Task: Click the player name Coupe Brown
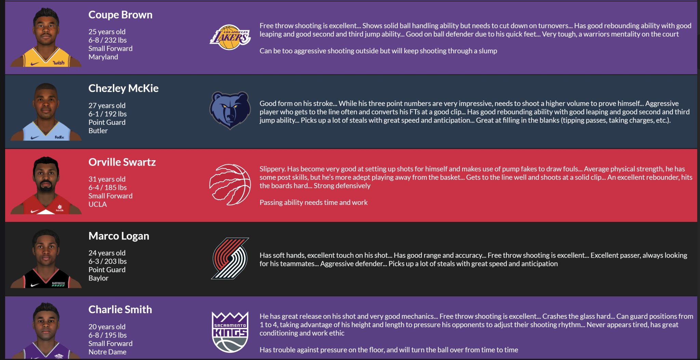[120, 15]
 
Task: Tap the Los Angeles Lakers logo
[230, 37]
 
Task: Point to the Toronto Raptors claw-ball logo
[230, 184]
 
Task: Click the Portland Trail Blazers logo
[230, 258]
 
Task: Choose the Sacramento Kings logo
[230, 332]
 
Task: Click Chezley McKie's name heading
[123, 88]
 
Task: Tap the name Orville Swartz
[122, 162]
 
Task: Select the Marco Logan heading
[119, 236]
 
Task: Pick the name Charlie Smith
[120, 309]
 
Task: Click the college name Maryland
[103, 57]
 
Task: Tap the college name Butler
[98, 131]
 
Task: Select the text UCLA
[98, 204]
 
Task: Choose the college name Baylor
[98, 278]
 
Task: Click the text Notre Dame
[107, 352]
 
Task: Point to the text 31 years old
[107, 179]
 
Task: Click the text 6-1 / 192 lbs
[108, 114]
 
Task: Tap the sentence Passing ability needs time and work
[313, 203]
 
